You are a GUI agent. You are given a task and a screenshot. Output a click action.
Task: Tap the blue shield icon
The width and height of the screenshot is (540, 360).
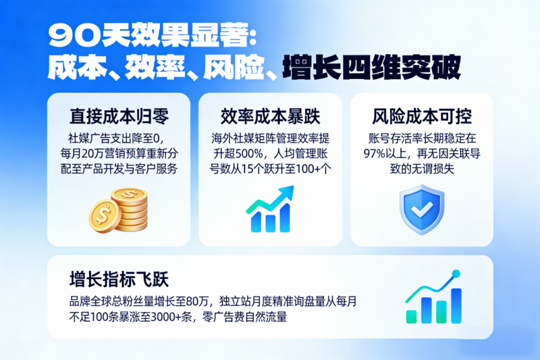point(421,209)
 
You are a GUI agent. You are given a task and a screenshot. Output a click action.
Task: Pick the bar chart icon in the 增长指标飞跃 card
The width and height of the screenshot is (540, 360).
point(433,297)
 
